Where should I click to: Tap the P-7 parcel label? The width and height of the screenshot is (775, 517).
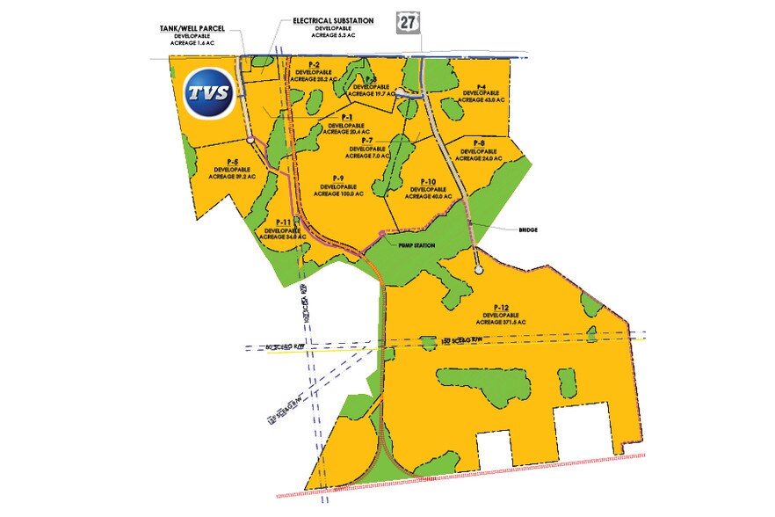point(366,141)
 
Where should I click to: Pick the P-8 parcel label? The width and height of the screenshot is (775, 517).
point(479,142)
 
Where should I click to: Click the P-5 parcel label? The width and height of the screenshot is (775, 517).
point(232,162)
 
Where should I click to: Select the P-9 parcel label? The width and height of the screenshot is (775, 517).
point(338,178)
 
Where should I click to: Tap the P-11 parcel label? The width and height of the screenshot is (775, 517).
point(284,222)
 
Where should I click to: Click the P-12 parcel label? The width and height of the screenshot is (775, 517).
point(503,307)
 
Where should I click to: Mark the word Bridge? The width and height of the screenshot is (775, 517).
point(527,229)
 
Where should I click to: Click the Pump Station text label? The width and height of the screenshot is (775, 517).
point(416,246)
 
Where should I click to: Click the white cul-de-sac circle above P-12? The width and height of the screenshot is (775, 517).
point(478,272)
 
